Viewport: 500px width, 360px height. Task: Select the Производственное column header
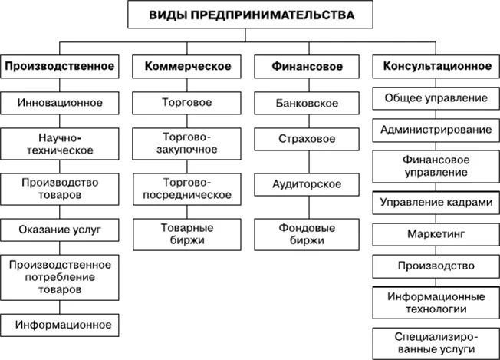[x=60, y=67]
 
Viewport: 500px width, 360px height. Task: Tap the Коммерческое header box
[x=188, y=67]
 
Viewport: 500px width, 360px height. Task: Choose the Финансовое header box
[x=305, y=67]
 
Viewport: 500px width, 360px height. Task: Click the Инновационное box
[x=60, y=102]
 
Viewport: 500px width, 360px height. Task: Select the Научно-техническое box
[x=60, y=144]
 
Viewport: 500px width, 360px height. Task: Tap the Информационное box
[x=60, y=325]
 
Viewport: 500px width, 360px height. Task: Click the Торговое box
[x=188, y=102]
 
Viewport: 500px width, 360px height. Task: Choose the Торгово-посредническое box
[x=188, y=187]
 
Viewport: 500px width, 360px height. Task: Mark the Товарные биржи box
[x=188, y=233]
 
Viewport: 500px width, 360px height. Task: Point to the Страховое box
[x=306, y=139]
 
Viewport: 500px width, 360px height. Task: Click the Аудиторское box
[x=306, y=184]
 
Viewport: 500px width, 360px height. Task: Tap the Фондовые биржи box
[x=306, y=233]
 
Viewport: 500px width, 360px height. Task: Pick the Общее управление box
[x=434, y=98]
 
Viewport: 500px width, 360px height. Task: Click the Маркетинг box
[x=434, y=233]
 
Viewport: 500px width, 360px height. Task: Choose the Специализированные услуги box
[x=434, y=342]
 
